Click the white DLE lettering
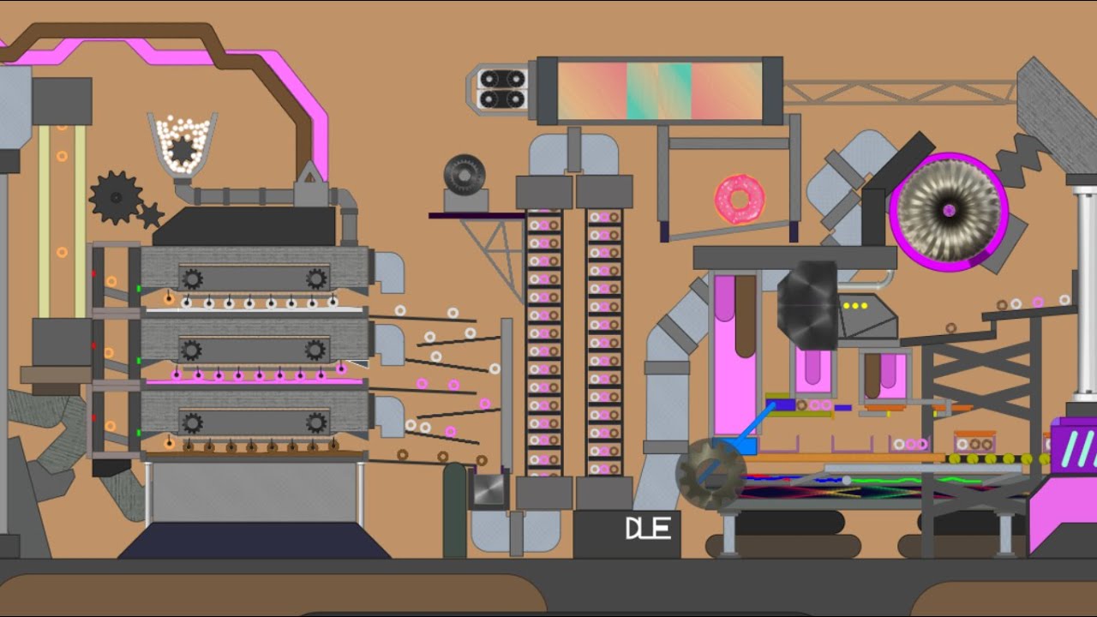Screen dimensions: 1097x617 coord(648,529)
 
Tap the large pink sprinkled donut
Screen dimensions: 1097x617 coord(740,200)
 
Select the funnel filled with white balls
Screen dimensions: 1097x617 coord(183,146)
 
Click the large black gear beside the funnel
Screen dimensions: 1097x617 coord(116,197)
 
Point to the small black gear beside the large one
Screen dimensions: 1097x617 coord(150,215)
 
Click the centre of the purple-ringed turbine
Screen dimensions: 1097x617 coord(949,211)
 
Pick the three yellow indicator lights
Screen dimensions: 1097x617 coord(855,306)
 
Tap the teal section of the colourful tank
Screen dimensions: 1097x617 coord(659,91)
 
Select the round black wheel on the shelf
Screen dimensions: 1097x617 coord(465,174)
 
